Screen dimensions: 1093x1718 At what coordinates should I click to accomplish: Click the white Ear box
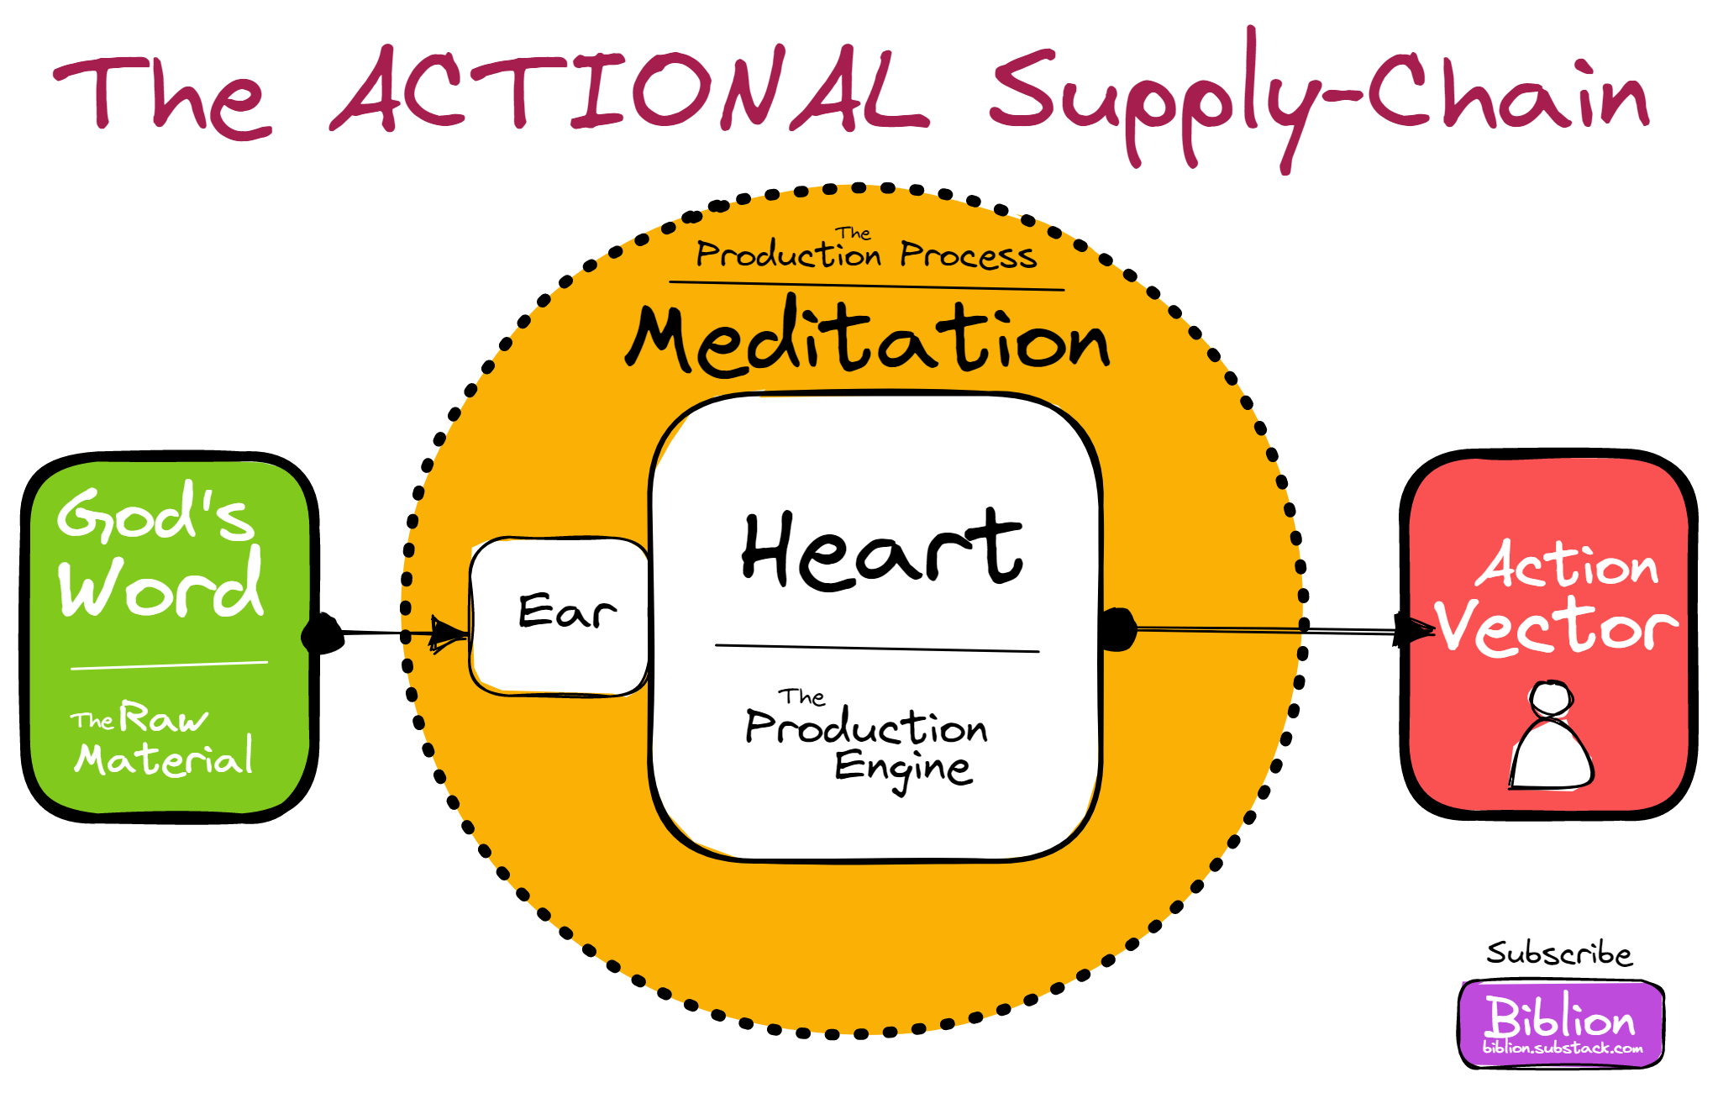click(560, 616)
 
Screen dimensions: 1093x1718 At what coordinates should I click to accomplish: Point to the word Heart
click(882, 550)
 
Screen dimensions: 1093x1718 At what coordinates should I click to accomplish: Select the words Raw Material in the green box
click(164, 739)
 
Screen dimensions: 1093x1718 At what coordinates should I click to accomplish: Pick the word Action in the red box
click(1568, 565)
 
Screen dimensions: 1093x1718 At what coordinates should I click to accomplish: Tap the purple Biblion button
click(1561, 1022)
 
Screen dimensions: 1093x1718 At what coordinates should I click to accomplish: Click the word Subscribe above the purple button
click(1559, 954)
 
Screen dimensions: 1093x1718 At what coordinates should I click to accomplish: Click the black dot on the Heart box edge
click(1117, 629)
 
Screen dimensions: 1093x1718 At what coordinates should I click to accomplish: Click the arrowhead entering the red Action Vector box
click(1412, 630)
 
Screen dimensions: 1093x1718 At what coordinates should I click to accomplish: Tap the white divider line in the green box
click(169, 665)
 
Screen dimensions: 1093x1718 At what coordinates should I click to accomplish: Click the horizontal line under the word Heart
click(877, 648)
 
